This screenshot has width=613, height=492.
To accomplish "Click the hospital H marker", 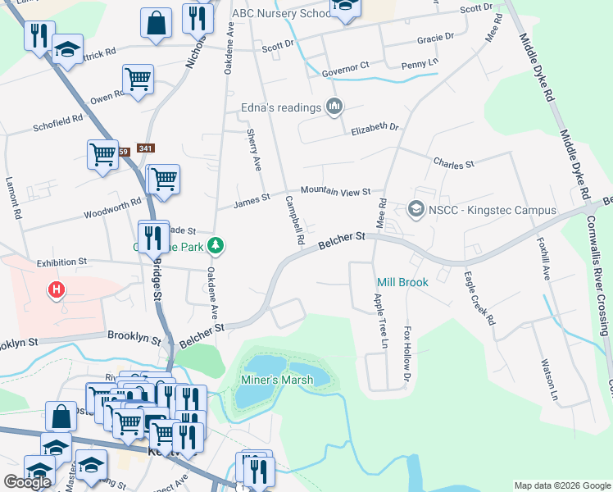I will click(57, 290).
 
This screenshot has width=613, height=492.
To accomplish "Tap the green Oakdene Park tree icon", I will click(216, 245).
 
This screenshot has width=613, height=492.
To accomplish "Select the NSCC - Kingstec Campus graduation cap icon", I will click(416, 210).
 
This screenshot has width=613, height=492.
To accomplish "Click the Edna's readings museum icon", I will click(334, 107).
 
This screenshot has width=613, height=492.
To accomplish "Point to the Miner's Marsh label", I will click(273, 380).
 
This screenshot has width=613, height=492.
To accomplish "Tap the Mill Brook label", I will click(402, 282).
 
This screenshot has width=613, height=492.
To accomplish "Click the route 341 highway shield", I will click(147, 148).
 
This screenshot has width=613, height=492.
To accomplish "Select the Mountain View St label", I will click(336, 191).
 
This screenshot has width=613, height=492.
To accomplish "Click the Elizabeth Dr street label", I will click(375, 128).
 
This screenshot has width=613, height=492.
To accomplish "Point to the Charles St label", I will click(454, 163).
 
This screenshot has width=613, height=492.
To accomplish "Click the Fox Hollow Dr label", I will click(406, 356).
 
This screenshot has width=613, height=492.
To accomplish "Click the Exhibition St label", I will click(61, 262).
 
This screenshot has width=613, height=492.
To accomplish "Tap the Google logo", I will click(28, 481).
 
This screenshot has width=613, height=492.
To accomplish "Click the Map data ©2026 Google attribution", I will click(562, 485).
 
